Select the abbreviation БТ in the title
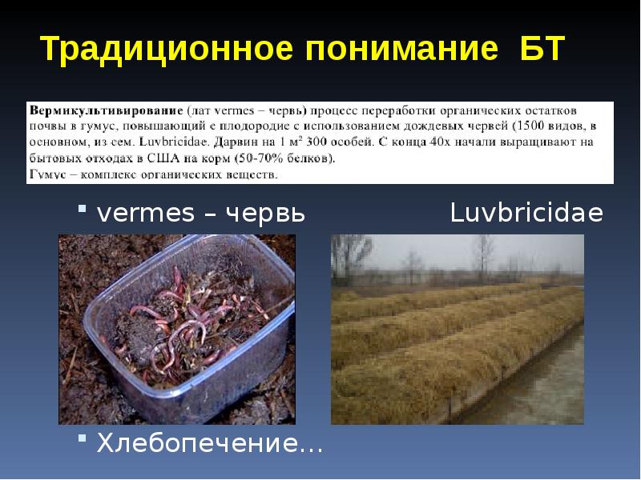pyautogui.click(x=537, y=50)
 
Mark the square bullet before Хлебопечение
pyautogui.click(x=82, y=442)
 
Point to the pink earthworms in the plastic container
pyautogui.click(x=192, y=320)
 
